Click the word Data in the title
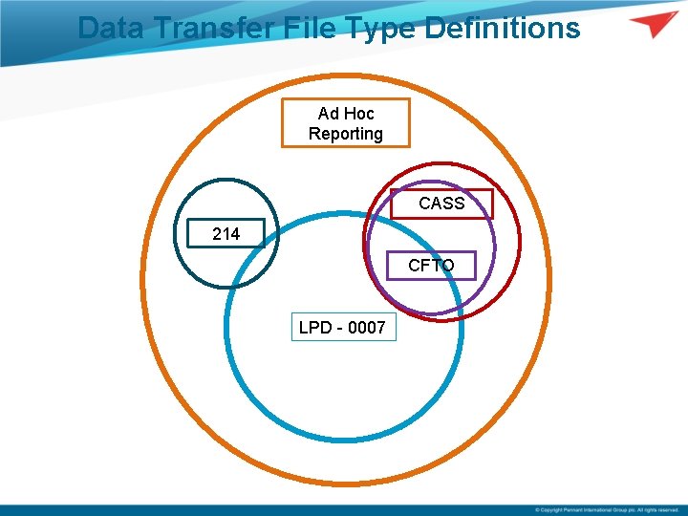[108, 28]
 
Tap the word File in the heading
[307, 28]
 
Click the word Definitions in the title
[502, 28]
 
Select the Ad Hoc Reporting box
[345, 123]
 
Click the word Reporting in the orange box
[345, 134]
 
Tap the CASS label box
[441, 204]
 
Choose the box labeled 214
[226, 233]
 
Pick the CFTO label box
[431, 265]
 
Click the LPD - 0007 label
[342, 328]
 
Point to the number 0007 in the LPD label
[367, 328]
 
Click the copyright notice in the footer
[606, 509]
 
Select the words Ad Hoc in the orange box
[345, 113]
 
